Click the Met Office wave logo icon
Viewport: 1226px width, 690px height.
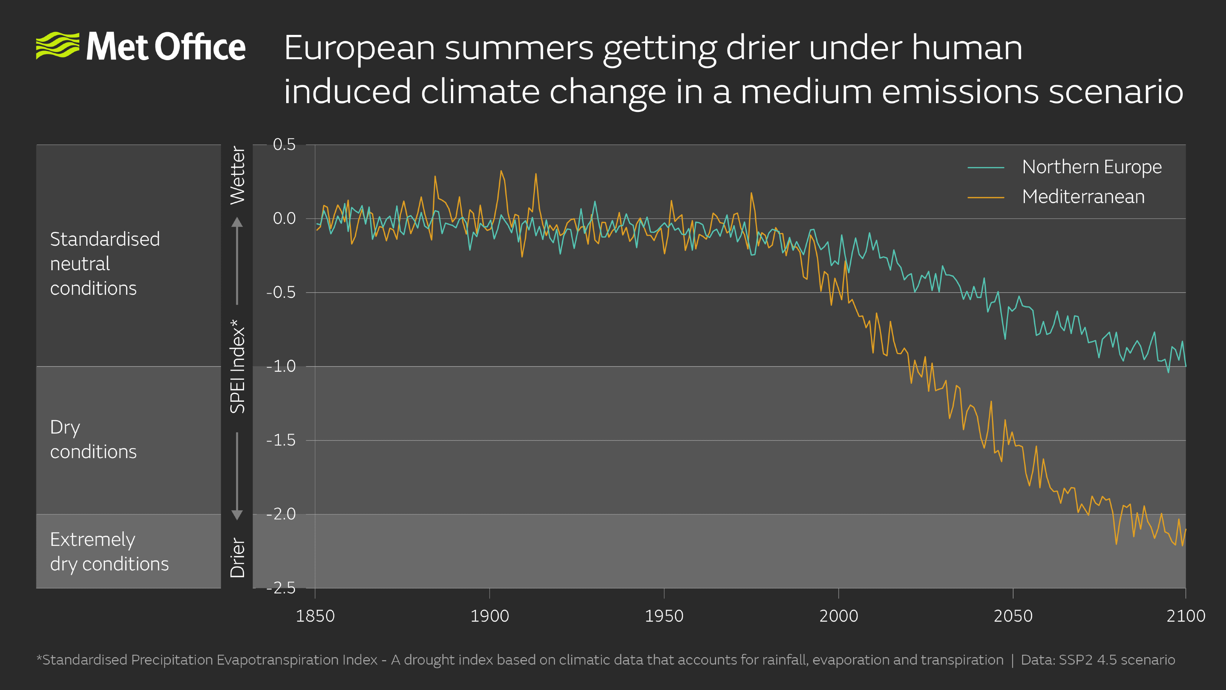[x=57, y=46]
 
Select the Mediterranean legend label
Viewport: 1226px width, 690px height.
[x=1083, y=197]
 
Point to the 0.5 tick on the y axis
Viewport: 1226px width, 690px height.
[x=284, y=145]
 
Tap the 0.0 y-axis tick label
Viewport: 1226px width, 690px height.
[x=284, y=219]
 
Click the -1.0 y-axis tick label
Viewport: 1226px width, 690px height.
[x=281, y=366]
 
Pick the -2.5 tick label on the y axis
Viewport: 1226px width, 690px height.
[x=281, y=588]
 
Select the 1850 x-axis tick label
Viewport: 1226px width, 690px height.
[x=315, y=616]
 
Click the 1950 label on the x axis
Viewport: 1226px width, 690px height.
[x=664, y=616]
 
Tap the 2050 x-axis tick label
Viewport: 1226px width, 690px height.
[x=1013, y=616]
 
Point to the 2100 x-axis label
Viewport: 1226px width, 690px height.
[x=1185, y=616]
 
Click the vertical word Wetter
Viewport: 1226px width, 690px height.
[x=238, y=175]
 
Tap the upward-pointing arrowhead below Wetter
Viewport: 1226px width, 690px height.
[x=237, y=222]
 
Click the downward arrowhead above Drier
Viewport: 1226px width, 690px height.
[x=237, y=515]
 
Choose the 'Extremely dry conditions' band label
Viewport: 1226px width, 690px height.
[x=109, y=552]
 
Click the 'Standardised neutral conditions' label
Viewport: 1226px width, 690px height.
[x=105, y=263]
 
